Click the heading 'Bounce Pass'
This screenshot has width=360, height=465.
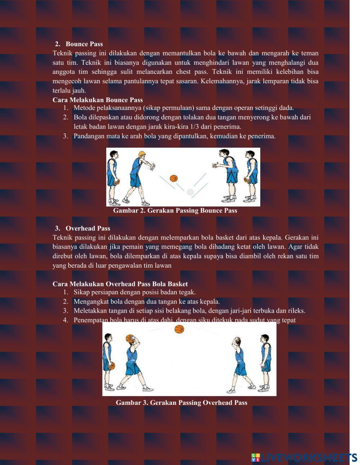[84, 44]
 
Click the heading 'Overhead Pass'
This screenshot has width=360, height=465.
[87, 228]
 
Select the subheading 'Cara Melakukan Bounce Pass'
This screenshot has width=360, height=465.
[98, 100]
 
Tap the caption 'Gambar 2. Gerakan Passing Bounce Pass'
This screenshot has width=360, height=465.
[175, 210]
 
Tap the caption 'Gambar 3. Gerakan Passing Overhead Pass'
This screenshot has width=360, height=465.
[181, 402]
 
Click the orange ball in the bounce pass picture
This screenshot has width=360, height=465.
[174, 178]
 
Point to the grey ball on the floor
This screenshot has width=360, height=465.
[190, 192]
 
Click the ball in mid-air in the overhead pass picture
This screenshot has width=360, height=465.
[179, 329]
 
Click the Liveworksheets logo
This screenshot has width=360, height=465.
[304, 457]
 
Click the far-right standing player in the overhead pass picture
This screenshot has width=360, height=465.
[265, 362]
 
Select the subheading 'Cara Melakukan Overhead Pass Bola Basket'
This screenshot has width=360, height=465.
[120, 284]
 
